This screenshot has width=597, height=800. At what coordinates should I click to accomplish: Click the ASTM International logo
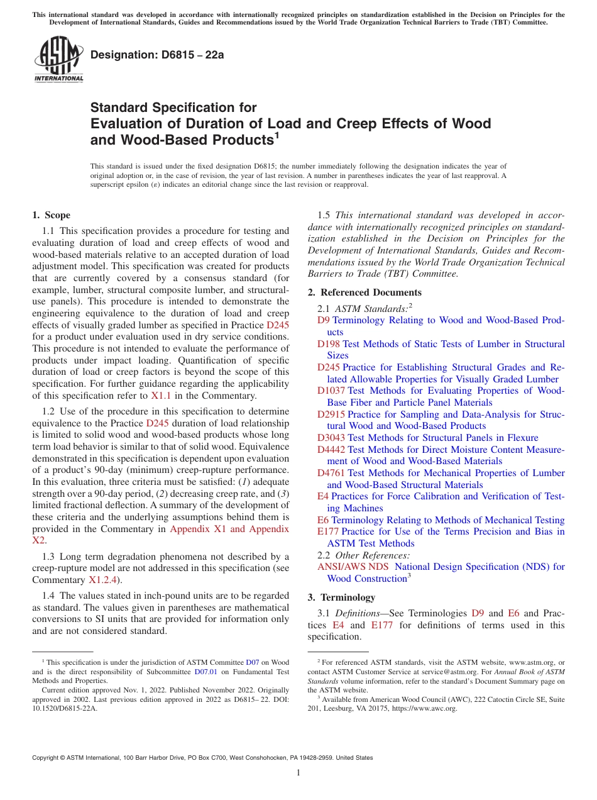click(58, 60)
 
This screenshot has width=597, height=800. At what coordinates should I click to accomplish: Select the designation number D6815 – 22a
click(157, 55)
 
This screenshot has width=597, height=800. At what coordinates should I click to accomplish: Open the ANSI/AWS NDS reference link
click(353, 567)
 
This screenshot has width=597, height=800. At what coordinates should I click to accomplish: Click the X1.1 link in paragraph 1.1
click(159, 396)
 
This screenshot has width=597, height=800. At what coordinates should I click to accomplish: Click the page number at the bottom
click(298, 772)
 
